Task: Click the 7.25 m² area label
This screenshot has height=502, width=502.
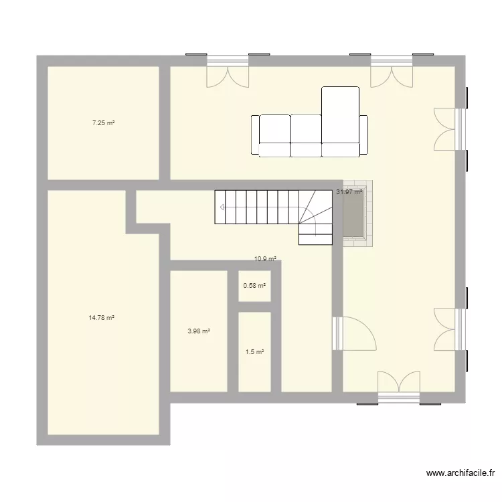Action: click(102, 123)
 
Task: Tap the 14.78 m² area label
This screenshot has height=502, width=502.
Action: click(101, 319)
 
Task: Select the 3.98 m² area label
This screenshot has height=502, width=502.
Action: click(199, 331)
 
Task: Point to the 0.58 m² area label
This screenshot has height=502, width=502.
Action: click(254, 286)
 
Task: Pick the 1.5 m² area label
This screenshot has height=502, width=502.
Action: click(254, 352)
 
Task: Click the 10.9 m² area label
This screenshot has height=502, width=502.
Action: click(265, 259)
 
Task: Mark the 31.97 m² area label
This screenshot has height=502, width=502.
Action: click(349, 192)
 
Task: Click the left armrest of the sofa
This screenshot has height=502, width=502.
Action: click(255, 135)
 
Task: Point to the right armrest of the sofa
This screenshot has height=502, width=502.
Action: click(364, 135)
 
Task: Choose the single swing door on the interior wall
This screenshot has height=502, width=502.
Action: click(355, 333)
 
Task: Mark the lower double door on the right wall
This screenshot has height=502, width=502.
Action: click(447, 328)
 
